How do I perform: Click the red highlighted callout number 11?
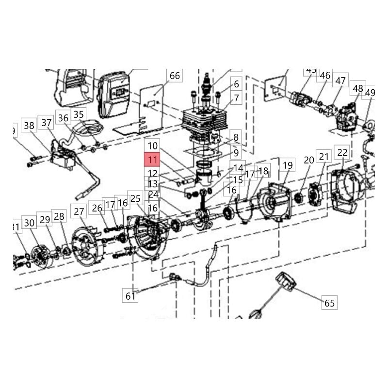(x=153, y=160)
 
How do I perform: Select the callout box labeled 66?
(x=175, y=76)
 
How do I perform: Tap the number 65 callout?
(x=330, y=303)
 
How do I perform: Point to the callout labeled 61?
(x=130, y=295)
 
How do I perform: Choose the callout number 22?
(x=342, y=153)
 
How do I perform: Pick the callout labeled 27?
(x=79, y=211)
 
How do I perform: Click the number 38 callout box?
(x=30, y=126)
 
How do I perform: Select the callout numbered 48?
(x=358, y=89)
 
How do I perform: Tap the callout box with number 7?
(x=236, y=98)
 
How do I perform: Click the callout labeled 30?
(x=30, y=223)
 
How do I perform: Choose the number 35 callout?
(x=79, y=115)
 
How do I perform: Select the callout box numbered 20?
(x=309, y=160)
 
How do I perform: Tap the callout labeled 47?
(x=340, y=81)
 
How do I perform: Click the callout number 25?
(x=135, y=198)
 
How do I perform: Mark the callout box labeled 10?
(x=153, y=145)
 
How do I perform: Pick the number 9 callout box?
(x=236, y=153)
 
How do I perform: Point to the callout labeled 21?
(x=323, y=156)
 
